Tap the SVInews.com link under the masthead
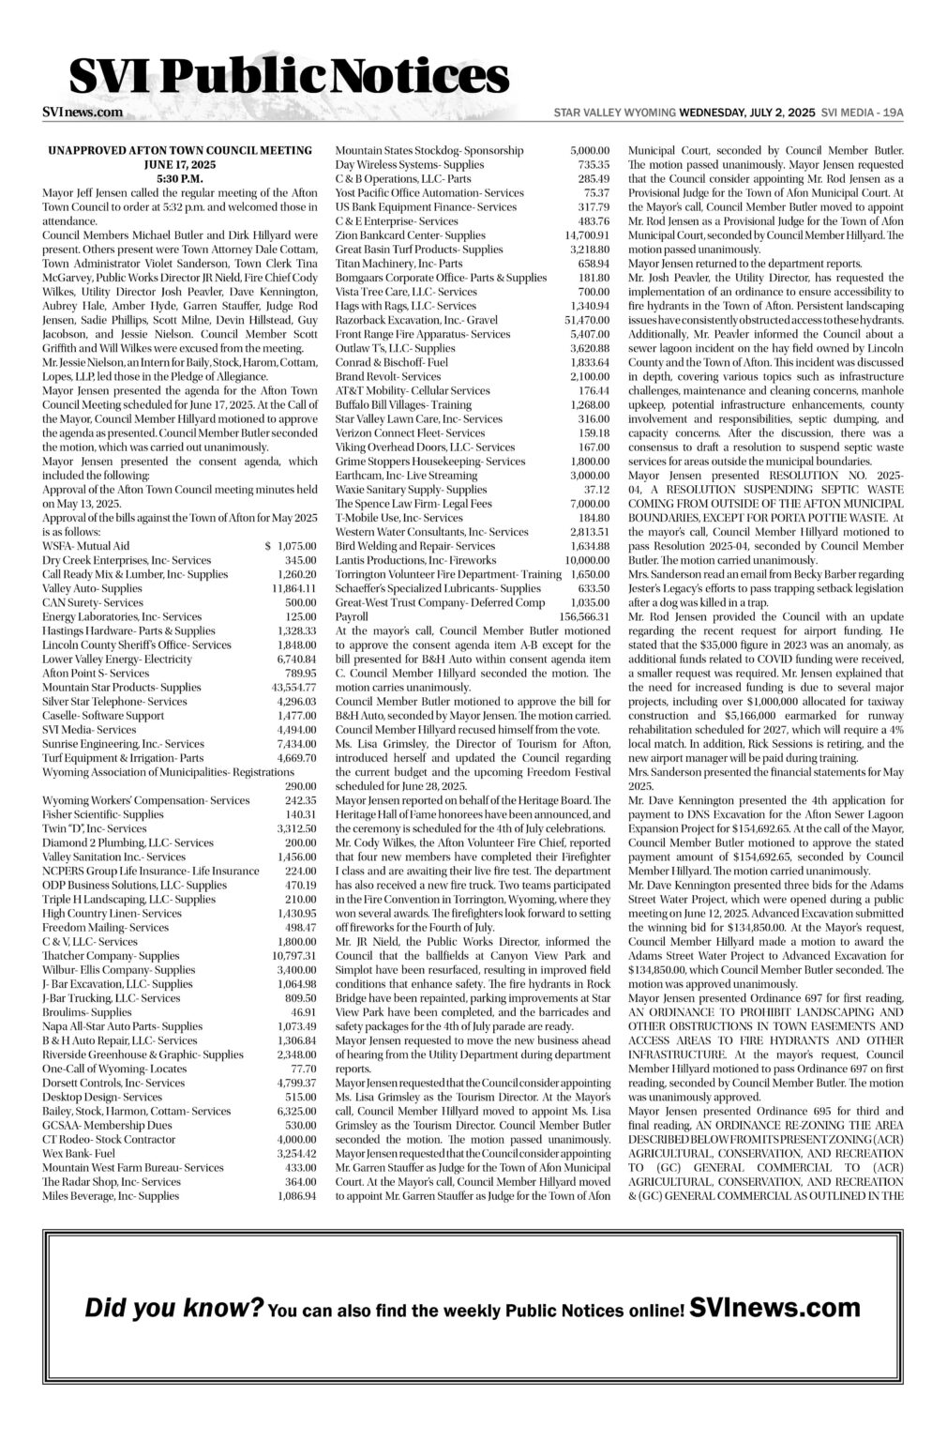83,113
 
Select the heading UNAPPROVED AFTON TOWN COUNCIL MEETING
179,150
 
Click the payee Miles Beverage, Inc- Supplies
111,1196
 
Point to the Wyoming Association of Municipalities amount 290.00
301,786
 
